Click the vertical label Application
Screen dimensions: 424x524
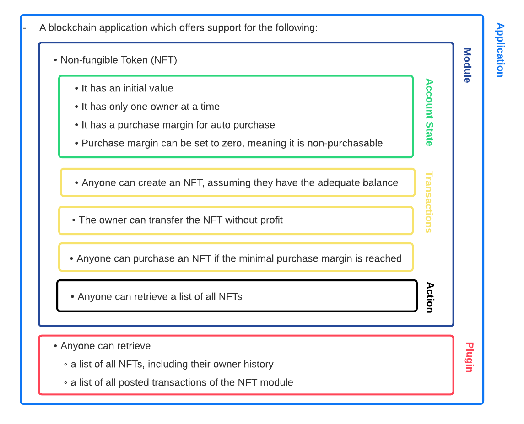coord(500,50)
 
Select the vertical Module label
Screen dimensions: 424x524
coord(467,65)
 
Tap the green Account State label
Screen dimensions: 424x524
coord(429,112)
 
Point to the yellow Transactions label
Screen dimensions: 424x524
coord(429,202)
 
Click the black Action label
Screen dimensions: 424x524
coord(429,297)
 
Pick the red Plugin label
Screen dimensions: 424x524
coord(469,357)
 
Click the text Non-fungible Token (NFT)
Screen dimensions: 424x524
coord(119,60)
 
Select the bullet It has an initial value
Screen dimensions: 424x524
coord(127,88)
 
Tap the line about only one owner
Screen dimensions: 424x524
coord(150,107)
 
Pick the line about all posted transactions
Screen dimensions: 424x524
coord(181,382)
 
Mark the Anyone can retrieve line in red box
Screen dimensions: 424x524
coord(105,346)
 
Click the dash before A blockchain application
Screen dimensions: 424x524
coord(24,28)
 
